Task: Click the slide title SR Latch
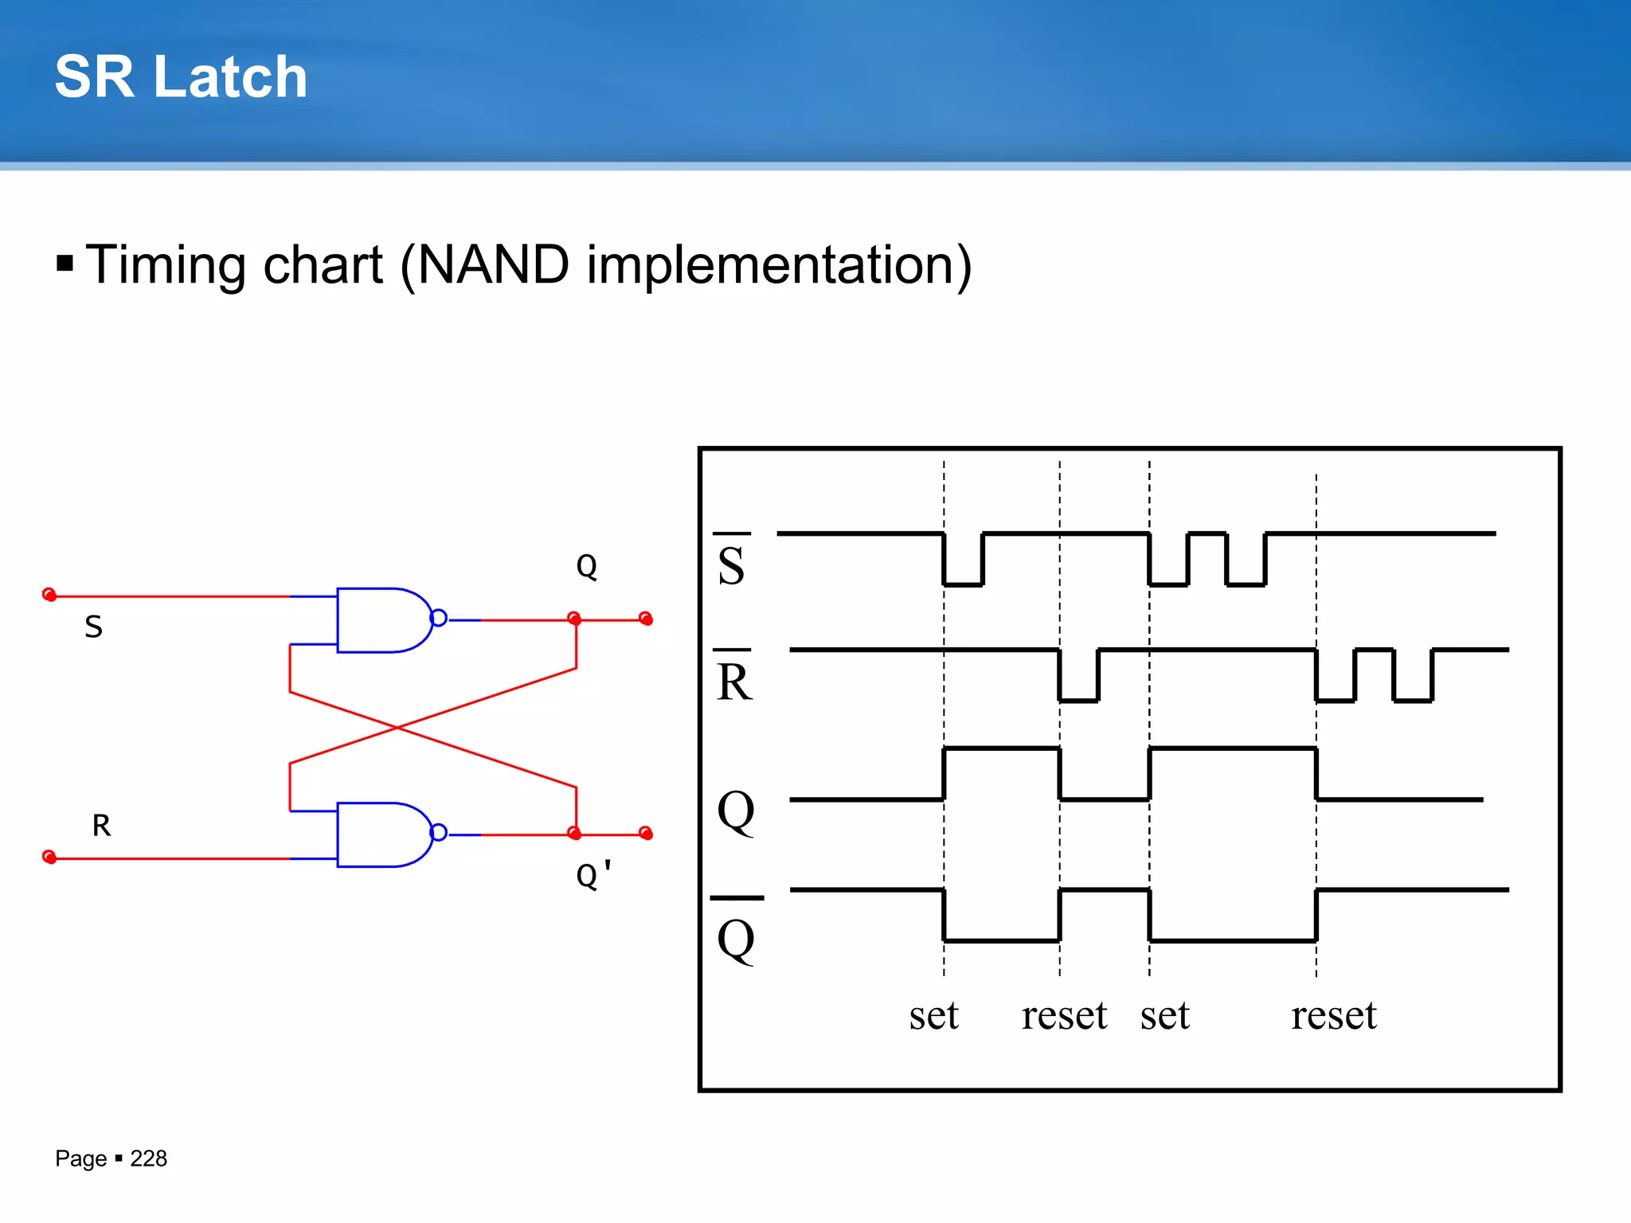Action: click(181, 77)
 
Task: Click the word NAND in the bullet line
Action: click(493, 265)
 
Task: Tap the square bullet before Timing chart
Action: click(65, 264)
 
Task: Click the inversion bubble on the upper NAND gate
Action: click(439, 618)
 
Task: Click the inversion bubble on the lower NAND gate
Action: click(439, 833)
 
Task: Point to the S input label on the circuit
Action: click(94, 627)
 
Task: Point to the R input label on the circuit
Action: click(101, 826)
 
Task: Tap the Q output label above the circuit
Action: click(586, 567)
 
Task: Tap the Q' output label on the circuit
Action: click(593, 875)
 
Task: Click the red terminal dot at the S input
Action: click(49, 595)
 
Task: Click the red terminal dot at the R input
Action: click(49, 857)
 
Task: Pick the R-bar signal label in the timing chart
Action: click(733, 679)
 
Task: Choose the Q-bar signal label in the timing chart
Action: click(736, 935)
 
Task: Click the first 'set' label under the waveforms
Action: click(933, 1016)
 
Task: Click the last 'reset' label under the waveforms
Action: click(1334, 1016)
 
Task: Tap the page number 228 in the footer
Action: click(148, 1159)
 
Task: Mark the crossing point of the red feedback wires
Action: click(397, 728)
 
